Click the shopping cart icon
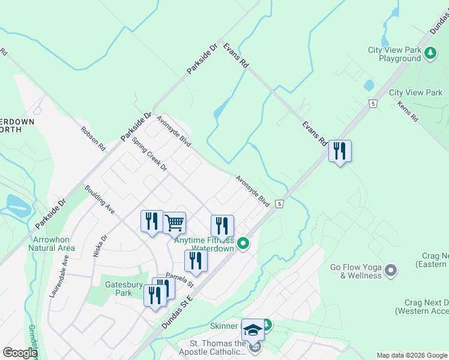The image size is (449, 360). pos(174,223)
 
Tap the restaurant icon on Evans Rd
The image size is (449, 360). pos(340,151)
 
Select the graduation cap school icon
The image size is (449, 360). pos(253,329)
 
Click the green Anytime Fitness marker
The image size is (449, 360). pos(243,243)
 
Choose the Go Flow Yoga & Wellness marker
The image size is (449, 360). pos(391,271)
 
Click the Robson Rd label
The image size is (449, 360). pos(94,138)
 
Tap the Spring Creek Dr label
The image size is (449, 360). pos(149,155)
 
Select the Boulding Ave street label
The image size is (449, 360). pos(100,199)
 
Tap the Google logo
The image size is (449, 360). pos(19,353)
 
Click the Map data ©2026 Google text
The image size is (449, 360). pos(412,355)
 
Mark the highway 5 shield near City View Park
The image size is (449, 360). pos(373,104)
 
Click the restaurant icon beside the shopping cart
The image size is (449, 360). pos(151,221)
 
